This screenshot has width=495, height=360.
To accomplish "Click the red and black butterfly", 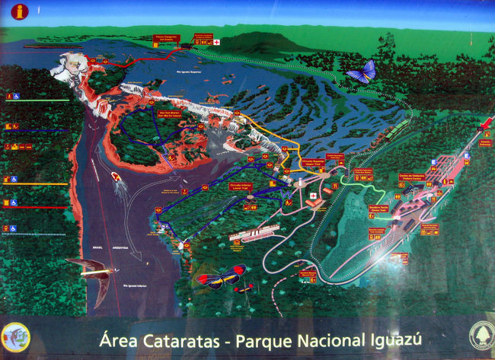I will [x=221, y=276].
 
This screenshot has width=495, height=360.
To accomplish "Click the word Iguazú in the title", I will [x=391, y=339].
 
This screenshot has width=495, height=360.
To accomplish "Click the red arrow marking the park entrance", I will [x=484, y=123].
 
